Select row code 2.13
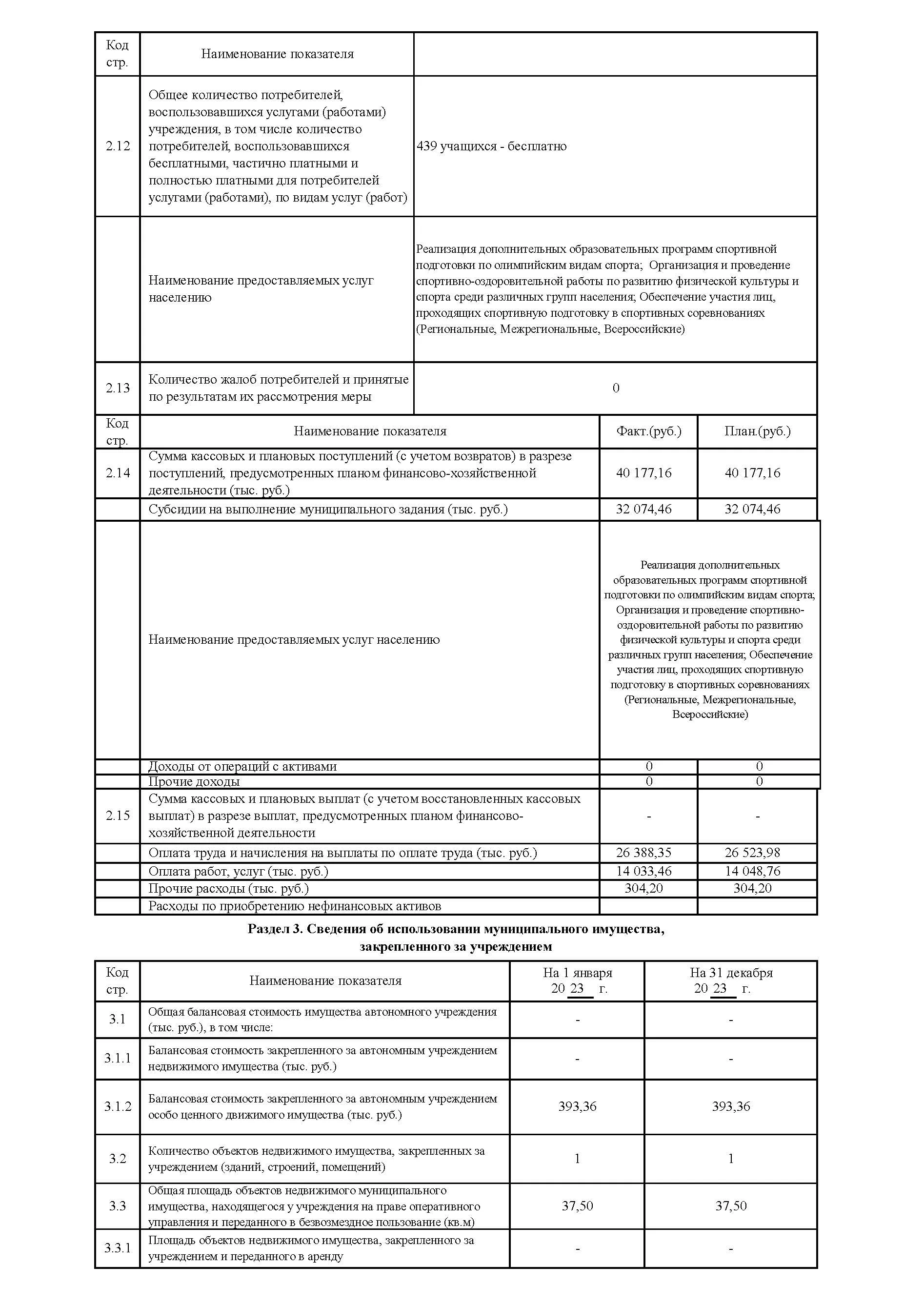117,388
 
